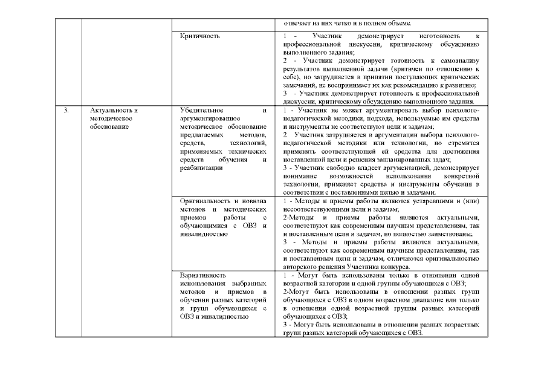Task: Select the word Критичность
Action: pyautogui.click(x=200, y=36)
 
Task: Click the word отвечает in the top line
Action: pyautogui.click(x=297, y=23)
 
